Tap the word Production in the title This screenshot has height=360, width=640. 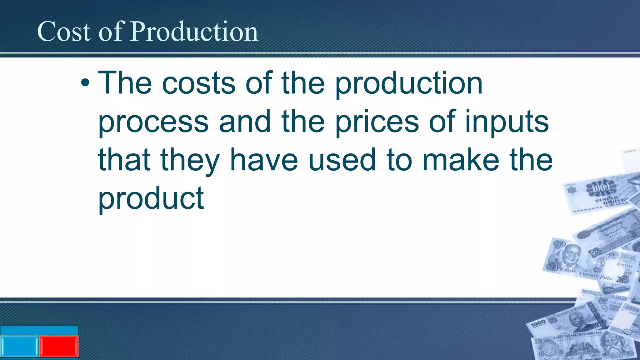click(194, 32)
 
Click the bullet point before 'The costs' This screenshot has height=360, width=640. click(85, 83)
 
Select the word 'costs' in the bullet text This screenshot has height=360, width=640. click(199, 83)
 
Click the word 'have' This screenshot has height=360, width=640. click(264, 160)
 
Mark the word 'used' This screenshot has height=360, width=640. click(342, 160)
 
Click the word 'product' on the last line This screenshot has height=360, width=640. click(151, 199)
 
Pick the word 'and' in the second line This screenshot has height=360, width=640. click(245, 122)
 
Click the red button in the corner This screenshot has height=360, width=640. click(58, 346)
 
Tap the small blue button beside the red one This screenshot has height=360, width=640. click(19, 346)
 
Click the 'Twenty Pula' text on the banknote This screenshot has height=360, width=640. click(595, 276)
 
